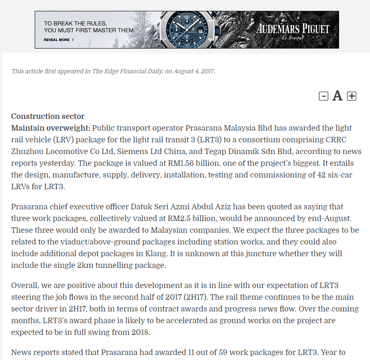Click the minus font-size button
click(x=324, y=96)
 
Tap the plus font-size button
click(x=352, y=96)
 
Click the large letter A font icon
click(x=337, y=96)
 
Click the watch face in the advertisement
click(x=184, y=30)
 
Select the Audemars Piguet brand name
click(x=293, y=28)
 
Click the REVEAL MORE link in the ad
click(x=59, y=40)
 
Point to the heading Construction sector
click(x=48, y=116)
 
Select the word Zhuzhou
click(x=26, y=151)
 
